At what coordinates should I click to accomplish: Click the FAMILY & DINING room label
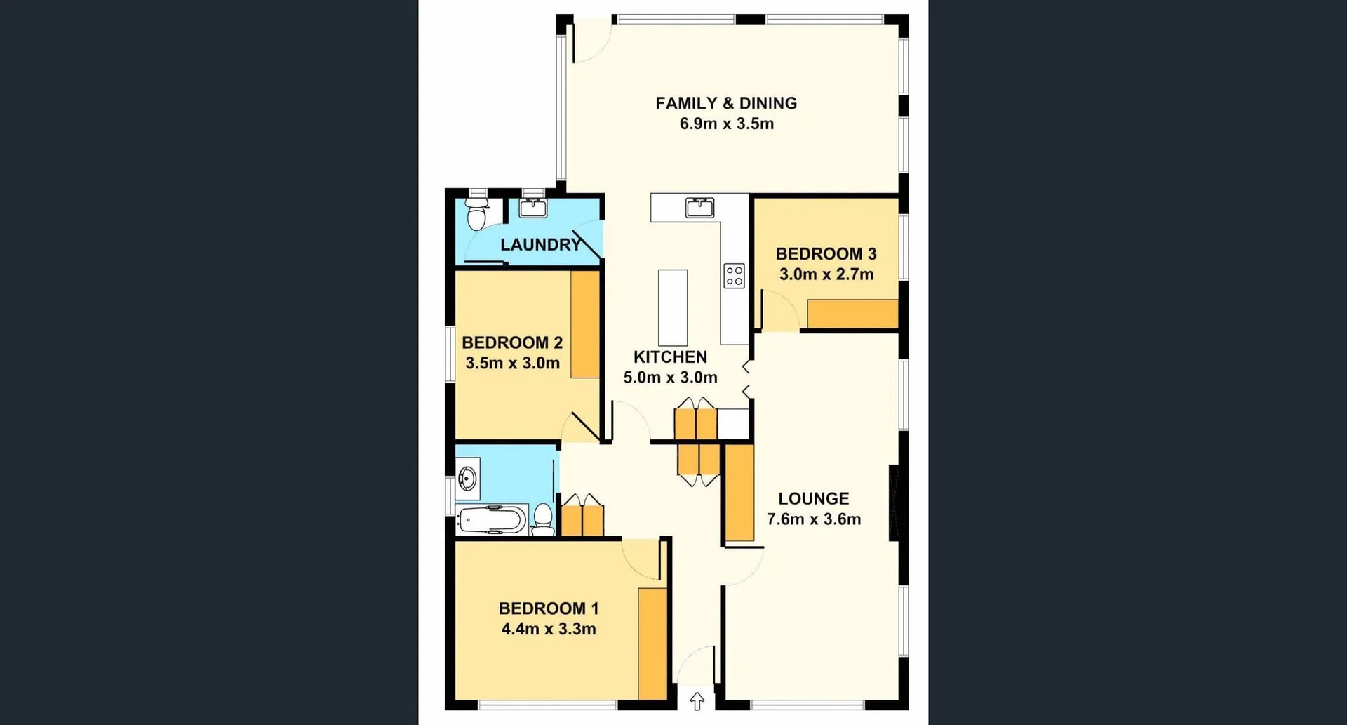(x=726, y=103)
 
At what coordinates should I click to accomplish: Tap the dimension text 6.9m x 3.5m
(x=726, y=124)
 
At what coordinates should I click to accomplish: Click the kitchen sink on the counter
(x=699, y=208)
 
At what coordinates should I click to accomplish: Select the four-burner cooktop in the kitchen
(x=734, y=275)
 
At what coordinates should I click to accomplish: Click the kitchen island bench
(x=673, y=307)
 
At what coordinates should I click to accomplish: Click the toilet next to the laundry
(x=476, y=214)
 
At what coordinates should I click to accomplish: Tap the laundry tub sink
(x=533, y=208)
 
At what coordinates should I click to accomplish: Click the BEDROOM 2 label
(x=512, y=342)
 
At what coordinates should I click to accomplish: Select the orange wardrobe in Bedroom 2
(x=585, y=324)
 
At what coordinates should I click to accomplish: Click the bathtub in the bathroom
(x=491, y=520)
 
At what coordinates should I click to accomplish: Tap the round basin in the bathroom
(x=467, y=479)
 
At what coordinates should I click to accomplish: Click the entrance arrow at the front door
(x=697, y=700)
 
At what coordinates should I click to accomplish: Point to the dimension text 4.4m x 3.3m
(x=549, y=629)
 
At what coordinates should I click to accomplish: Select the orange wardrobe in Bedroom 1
(x=652, y=644)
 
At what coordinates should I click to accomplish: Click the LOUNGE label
(x=813, y=499)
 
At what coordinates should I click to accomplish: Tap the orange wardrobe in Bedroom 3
(x=852, y=314)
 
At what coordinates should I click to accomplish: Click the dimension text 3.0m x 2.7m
(x=826, y=274)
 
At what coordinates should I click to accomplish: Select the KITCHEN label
(x=670, y=357)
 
